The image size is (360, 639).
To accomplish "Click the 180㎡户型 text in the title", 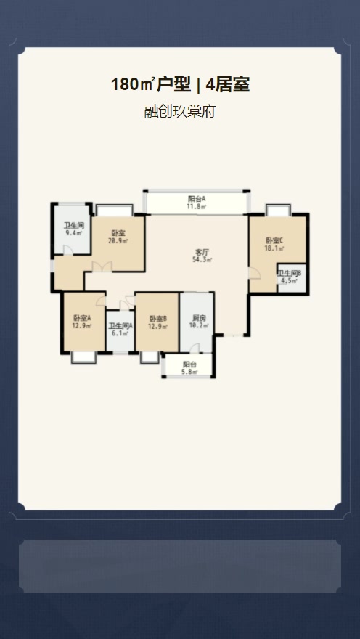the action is coord(151,85).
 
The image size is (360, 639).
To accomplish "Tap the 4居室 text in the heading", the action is coord(228,85).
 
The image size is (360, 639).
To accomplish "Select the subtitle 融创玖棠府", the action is coord(179,111).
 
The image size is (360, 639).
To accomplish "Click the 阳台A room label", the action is coord(197,199).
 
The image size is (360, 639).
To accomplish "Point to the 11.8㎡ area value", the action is coord(197,207).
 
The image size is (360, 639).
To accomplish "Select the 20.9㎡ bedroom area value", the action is coord(118,241).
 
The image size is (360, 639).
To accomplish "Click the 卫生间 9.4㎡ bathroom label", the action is coord(74,229).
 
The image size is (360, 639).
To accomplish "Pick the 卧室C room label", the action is coord(274,240).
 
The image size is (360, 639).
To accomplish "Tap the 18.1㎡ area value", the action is coord(274,248).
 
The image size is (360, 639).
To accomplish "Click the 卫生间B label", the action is coord(289,273).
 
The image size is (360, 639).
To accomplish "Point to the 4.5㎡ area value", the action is coord(289,281).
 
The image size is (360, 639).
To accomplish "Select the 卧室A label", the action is coord(82,318).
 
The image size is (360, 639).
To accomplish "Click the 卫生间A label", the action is coord(120,326).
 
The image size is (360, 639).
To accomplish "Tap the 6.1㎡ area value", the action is coord(120,333).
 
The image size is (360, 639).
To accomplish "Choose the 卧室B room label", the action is coord(158,318).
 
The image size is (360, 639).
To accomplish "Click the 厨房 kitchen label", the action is coord(198,318).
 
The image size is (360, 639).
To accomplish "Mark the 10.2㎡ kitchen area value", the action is coord(199,325).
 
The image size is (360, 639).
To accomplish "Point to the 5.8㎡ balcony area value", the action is coord(189,372).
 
